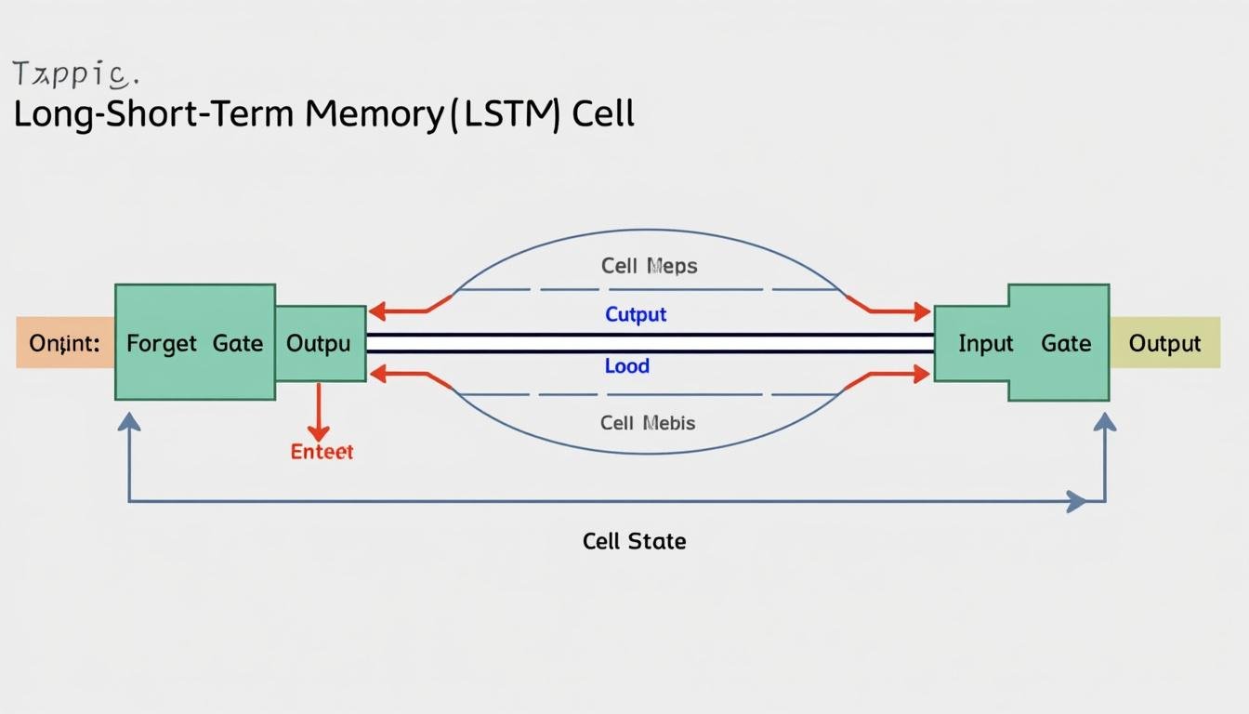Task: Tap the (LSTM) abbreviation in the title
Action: [x=506, y=114]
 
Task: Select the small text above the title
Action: [x=75, y=73]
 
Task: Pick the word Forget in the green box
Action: [x=162, y=343]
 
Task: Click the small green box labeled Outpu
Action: [x=320, y=343]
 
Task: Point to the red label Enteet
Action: [x=322, y=452]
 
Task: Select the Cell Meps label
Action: [x=649, y=266]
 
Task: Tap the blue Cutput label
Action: [x=636, y=314]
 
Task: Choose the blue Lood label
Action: [x=626, y=366]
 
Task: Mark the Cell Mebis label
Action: [x=647, y=423]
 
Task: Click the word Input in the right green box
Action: [x=985, y=343]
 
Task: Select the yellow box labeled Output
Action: [x=1164, y=343]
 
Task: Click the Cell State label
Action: [x=634, y=541]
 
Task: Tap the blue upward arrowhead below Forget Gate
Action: [x=129, y=421]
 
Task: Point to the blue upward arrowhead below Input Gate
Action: [x=1105, y=421]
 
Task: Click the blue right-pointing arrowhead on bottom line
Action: [x=1077, y=502]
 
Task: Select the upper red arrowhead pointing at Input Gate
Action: [x=922, y=311]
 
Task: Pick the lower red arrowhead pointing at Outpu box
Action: [x=377, y=374]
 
